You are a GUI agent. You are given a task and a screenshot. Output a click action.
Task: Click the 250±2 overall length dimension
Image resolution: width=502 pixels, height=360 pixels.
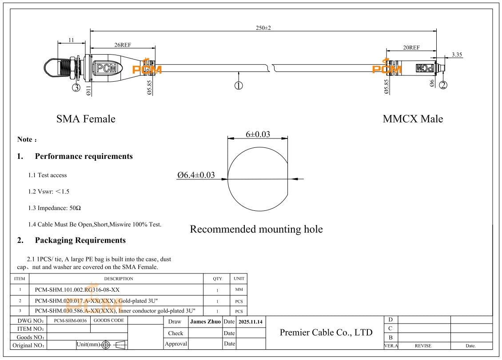point(263,28)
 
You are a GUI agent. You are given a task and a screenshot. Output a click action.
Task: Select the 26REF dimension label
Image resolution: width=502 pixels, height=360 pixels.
point(122,45)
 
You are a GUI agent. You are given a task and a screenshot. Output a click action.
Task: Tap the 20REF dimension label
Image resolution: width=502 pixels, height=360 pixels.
point(411,47)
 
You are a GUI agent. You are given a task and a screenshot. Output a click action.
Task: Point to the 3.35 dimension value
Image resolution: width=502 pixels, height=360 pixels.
point(457,55)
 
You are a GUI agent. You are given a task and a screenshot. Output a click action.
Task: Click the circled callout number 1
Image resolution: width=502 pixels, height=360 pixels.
point(239,86)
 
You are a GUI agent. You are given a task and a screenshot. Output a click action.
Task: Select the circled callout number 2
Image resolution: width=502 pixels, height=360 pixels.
point(443,85)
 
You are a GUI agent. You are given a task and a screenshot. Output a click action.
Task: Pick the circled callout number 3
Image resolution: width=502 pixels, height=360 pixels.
point(76,87)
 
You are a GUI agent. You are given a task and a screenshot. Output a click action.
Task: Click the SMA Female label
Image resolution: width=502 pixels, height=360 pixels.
point(86,119)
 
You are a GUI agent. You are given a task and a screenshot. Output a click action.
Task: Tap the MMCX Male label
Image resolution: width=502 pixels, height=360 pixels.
point(413,119)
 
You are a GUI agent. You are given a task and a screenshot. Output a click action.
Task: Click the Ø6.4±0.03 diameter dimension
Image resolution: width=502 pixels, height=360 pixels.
point(196,175)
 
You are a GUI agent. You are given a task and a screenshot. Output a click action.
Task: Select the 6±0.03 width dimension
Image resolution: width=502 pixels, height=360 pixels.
point(258,135)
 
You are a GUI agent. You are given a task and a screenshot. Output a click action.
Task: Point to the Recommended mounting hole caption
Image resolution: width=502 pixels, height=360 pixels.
point(256,229)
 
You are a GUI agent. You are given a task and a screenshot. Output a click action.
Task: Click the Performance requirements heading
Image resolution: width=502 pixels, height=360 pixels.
point(84,156)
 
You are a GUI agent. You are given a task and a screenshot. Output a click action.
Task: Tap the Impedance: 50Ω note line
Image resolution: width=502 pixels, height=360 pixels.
point(55,208)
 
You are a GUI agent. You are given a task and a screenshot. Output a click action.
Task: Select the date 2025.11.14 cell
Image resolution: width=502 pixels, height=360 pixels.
point(250,321)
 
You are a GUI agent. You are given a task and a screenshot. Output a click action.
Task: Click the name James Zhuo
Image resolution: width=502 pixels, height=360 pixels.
point(205,321)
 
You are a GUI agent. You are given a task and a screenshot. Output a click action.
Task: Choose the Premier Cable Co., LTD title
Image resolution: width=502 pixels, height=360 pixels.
point(326,332)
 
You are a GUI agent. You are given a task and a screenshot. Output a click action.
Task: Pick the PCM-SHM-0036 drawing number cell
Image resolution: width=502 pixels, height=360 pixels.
point(68,320)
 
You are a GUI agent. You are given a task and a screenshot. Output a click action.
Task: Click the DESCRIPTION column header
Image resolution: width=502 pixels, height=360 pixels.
point(119,279)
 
